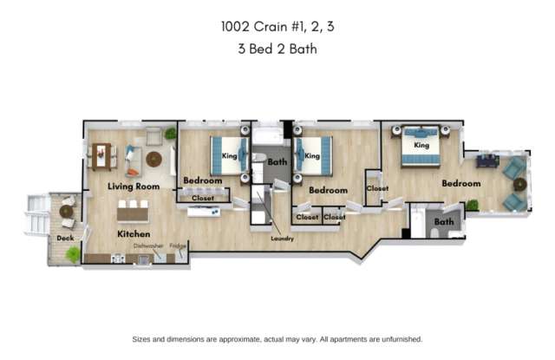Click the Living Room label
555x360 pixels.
[x=134, y=187]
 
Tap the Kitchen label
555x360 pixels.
[x=134, y=234]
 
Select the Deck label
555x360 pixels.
[x=66, y=239]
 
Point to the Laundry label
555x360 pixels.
[x=282, y=239]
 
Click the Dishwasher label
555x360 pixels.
[x=148, y=245]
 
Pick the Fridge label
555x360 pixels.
[x=178, y=245]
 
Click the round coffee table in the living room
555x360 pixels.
[x=154, y=160]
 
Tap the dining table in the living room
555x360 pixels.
[x=101, y=156]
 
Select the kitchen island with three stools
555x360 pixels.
[x=133, y=213]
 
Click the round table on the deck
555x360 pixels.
[x=66, y=212]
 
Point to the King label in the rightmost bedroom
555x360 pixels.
[x=421, y=145]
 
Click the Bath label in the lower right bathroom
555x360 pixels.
[x=444, y=222]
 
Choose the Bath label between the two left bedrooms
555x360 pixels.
[x=277, y=162]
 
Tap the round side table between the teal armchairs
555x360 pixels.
[x=520, y=185]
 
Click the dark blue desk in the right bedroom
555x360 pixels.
[x=487, y=161]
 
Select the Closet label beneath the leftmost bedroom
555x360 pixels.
[x=203, y=199]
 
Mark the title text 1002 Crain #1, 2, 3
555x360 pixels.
[x=277, y=27]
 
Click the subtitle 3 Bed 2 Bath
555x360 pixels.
[x=277, y=49]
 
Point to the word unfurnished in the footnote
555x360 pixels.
[x=402, y=339]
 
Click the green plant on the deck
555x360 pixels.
[x=73, y=254]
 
